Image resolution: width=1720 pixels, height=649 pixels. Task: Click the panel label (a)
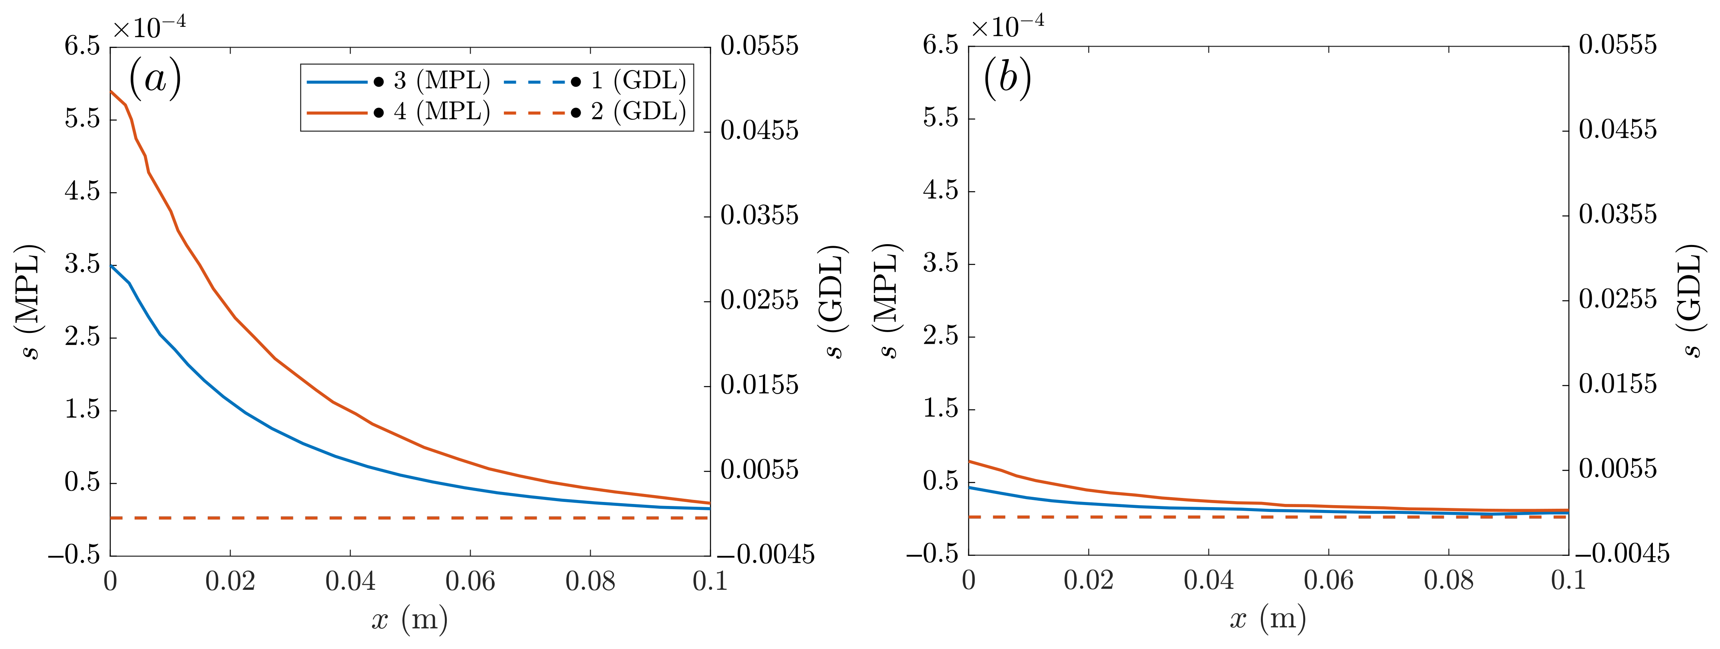(x=155, y=79)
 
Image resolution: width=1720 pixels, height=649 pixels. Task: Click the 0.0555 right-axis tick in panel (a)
(x=759, y=46)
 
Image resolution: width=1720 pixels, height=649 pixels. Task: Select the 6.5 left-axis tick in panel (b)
(x=940, y=46)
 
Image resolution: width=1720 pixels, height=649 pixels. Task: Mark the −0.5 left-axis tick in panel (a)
(x=74, y=555)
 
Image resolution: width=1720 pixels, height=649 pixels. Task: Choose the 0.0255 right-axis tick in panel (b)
(x=1618, y=300)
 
